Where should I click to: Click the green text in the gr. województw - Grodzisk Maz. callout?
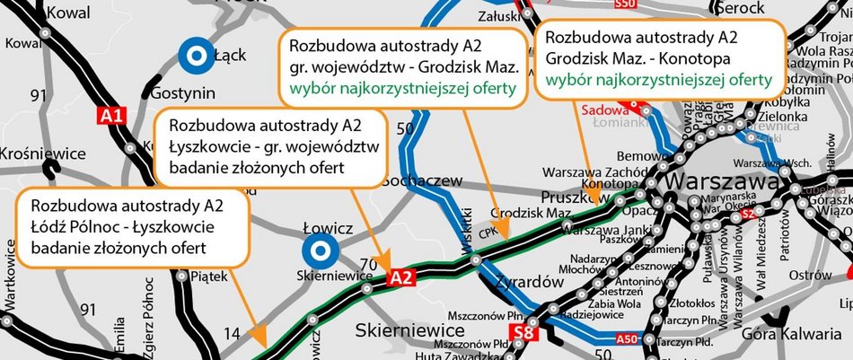coord(401,88)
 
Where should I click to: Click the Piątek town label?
coord(212,277)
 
